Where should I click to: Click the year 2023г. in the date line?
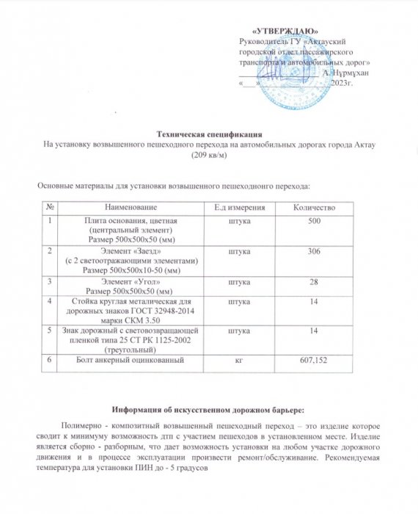(342, 83)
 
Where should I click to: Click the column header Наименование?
(131, 209)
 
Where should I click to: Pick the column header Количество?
(314, 209)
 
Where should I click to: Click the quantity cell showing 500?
(314, 221)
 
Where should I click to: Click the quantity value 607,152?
(314, 361)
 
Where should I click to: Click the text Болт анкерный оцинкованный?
(129, 361)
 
